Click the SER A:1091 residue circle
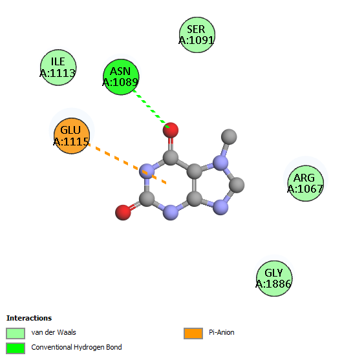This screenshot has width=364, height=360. pyautogui.click(x=197, y=35)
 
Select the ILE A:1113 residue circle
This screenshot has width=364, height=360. pyautogui.click(x=58, y=67)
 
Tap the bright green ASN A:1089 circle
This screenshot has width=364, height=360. pyautogui.click(x=121, y=77)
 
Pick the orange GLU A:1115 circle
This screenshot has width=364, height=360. pyautogui.click(x=72, y=136)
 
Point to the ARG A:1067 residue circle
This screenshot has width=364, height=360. pyautogui.click(x=306, y=184)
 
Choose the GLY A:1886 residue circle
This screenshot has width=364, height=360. pyautogui.click(x=274, y=279)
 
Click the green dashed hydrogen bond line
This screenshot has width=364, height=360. pyautogui.click(x=151, y=109)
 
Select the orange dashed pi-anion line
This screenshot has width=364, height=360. pyautogui.click(x=127, y=164)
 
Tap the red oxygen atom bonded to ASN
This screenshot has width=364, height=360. pyautogui.click(x=171, y=130)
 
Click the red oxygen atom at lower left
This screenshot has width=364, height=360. pyautogui.click(x=123, y=213)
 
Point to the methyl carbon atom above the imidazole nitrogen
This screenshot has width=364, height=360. pyautogui.click(x=229, y=136)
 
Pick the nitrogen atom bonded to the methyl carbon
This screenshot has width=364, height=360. pyautogui.click(x=220, y=163)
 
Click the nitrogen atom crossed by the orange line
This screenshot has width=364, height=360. pyautogui.click(x=147, y=171)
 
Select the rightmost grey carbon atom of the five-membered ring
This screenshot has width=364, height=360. pyautogui.click(x=237, y=185)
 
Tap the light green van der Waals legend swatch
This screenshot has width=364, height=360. pyautogui.click(x=16, y=334)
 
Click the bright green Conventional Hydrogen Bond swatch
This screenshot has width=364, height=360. pyautogui.click(x=16, y=348)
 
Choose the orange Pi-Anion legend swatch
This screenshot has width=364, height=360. pyautogui.click(x=193, y=334)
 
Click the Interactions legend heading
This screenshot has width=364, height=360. pyautogui.click(x=29, y=318)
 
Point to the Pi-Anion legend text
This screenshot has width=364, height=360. pyautogui.click(x=222, y=332)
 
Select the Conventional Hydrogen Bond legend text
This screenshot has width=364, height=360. pyautogui.click(x=76, y=347)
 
